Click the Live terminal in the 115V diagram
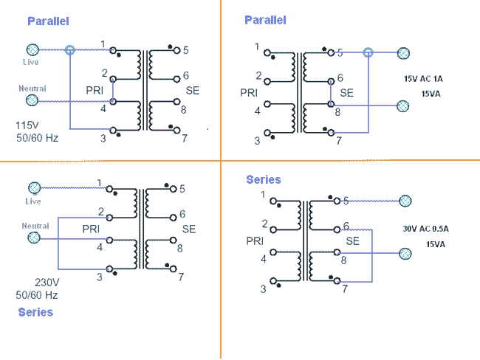[32, 50]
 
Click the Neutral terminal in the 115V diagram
[32, 100]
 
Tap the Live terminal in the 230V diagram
[32, 187]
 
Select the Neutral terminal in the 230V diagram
[32, 238]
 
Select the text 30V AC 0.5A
[426, 229]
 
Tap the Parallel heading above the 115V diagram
[48, 21]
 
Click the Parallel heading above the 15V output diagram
[265, 20]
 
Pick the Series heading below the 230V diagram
[35, 312]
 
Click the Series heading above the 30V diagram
[264, 179]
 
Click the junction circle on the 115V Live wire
[70, 50]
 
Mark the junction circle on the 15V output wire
[368, 52]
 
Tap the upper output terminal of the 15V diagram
[402, 52]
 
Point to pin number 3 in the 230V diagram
[100, 277]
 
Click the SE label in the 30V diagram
[352, 240]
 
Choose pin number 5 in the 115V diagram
[185, 50]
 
